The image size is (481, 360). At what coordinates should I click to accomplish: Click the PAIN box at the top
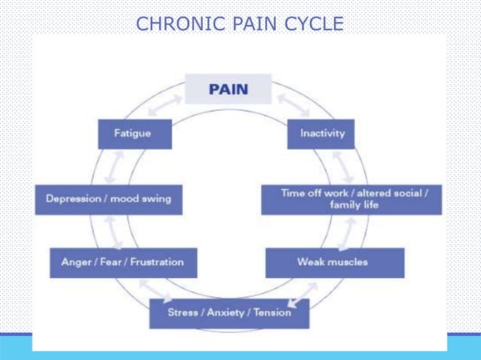pos(228,89)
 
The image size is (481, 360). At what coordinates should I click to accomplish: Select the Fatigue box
pos(133,133)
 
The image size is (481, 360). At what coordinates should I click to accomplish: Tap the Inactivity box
pos(322,133)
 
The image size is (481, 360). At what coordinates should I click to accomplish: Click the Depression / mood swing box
pos(109,199)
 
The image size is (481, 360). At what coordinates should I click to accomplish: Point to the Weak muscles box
pos(332,262)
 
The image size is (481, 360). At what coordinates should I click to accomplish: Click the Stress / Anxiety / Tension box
pos(229,313)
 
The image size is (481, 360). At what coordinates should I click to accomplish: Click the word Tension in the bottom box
pos(272,313)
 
